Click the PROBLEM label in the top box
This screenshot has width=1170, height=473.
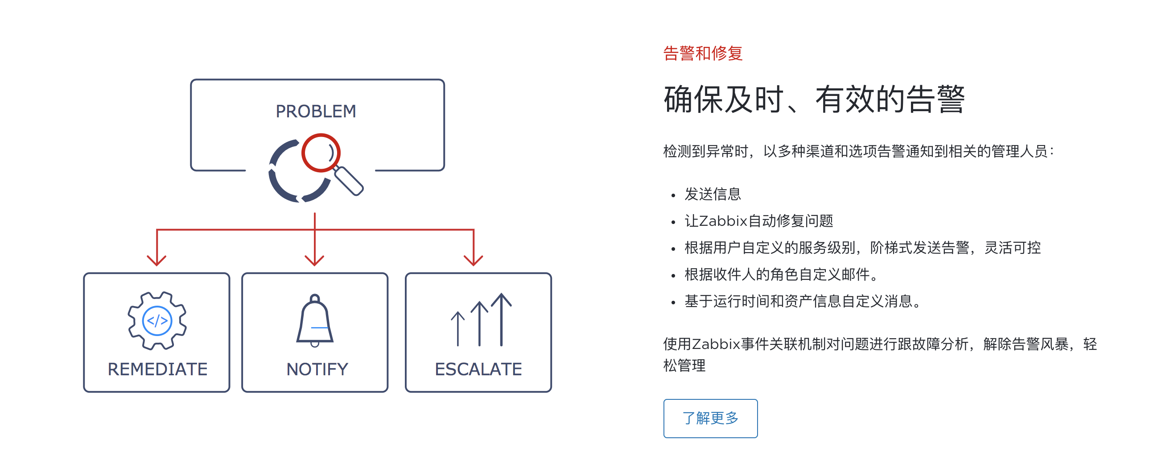pos(316,111)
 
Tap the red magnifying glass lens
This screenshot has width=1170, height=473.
pos(321,153)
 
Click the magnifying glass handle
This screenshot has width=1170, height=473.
pos(349,181)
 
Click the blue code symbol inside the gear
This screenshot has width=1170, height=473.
pos(157,321)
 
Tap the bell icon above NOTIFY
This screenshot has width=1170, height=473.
pos(315,320)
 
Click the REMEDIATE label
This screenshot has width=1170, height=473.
pos(157,369)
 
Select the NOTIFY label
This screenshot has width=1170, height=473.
pos(317,369)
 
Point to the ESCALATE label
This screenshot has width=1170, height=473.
pos(478,369)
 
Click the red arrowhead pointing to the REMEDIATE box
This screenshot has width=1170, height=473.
pos(157,260)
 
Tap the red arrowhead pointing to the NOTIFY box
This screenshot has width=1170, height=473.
pos(314,260)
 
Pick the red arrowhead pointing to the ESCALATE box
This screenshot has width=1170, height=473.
pos(473,260)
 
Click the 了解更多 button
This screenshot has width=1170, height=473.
pos(710,418)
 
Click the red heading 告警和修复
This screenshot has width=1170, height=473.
pos(703,54)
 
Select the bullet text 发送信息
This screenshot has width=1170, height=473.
pos(713,194)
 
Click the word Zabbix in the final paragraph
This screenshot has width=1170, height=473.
pos(716,344)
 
